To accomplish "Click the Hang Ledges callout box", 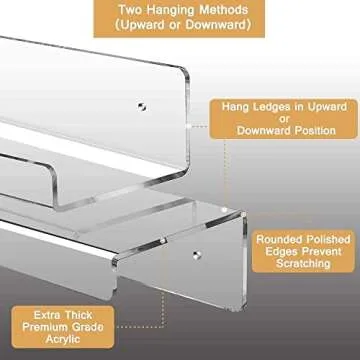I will coord(283,116).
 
